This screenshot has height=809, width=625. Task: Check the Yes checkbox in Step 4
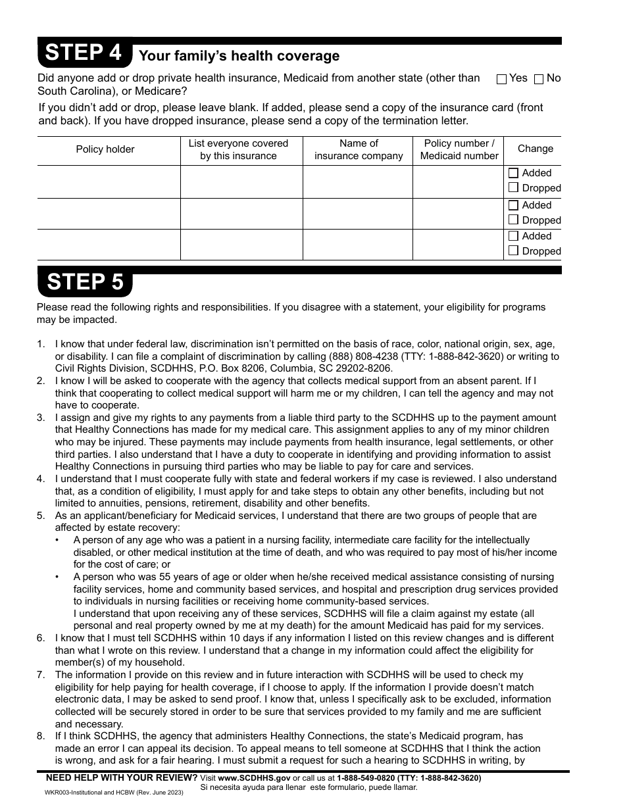click(x=501, y=80)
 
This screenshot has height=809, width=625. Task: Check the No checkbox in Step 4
click(x=539, y=80)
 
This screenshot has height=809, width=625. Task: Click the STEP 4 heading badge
click(x=84, y=53)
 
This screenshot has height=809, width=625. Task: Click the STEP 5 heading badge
click(x=85, y=282)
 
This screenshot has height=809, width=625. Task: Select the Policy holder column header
click(x=105, y=149)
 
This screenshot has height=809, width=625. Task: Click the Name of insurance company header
click(x=359, y=149)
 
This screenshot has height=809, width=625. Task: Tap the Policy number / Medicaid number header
click(x=459, y=149)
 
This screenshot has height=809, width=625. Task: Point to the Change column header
click(x=535, y=149)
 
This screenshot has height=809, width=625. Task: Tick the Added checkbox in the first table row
click(x=514, y=173)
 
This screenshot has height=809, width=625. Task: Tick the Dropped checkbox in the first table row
click(x=514, y=187)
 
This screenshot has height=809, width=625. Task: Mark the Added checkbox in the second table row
click(x=514, y=205)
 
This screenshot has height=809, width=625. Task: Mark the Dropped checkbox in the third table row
click(x=514, y=251)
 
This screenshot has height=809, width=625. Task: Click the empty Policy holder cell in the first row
click(x=109, y=181)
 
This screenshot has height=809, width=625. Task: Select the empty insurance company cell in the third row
click(x=357, y=244)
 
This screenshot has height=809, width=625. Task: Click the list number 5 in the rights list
click(x=41, y=516)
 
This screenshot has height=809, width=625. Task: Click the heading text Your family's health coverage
click(x=239, y=56)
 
